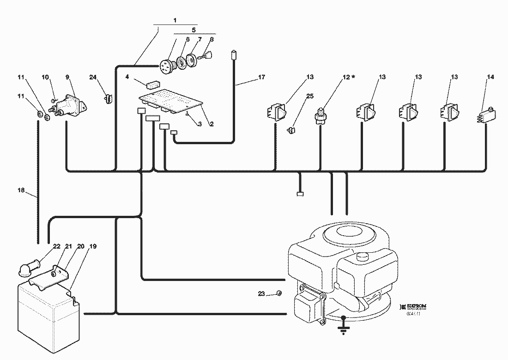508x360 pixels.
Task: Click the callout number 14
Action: tap(490, 77)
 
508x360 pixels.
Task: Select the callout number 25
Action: tap(309, 96)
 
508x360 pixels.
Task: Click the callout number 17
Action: tap(261, 77)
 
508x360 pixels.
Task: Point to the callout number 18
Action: tap(21, 190)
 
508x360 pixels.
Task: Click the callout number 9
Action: tap(67, 77)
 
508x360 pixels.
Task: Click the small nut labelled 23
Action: tap(278, 293)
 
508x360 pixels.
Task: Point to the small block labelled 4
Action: tap(152, 85)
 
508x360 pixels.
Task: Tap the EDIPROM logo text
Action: tap(417, 306)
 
